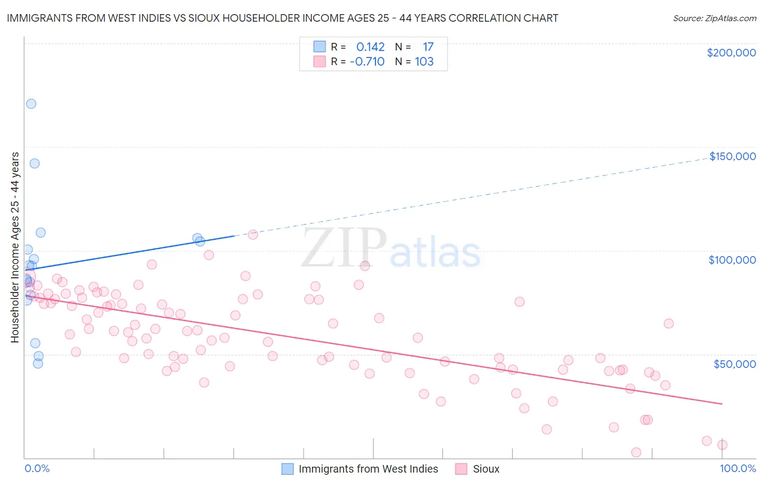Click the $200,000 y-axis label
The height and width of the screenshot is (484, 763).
tap(731, 53)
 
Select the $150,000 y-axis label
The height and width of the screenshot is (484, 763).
tap(732, 156)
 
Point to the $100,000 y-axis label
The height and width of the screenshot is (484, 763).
tap(732, 260)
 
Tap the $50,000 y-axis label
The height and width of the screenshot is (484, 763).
tap(734, 364)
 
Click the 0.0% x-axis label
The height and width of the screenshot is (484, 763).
tap(37, 468)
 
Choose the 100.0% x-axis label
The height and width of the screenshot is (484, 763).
tap(737, 468)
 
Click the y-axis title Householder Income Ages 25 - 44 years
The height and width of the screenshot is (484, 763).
tap(15, 247)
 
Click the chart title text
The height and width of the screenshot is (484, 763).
tap(282, 18)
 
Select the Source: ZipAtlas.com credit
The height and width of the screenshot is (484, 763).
tap(714, 18)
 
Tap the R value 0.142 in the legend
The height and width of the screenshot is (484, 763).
tap(370, 47)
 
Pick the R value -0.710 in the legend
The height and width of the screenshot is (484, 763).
tap(367, 62)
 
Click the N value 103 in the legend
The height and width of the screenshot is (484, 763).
tap(424, 62)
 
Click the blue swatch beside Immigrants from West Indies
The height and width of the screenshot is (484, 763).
tap(288, 469)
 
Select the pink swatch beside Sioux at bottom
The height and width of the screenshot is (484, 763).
tap(461, 469)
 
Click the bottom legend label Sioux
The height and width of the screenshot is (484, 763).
tap(486, 469)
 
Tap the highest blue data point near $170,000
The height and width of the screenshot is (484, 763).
tap(31, 104)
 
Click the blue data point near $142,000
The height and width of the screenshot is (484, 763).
tap(34, 163)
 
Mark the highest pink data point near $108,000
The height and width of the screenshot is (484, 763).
tap(252, 235)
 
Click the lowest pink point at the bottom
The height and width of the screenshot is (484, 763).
tap(636, 453)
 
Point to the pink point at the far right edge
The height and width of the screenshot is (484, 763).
tap(722, 445)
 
